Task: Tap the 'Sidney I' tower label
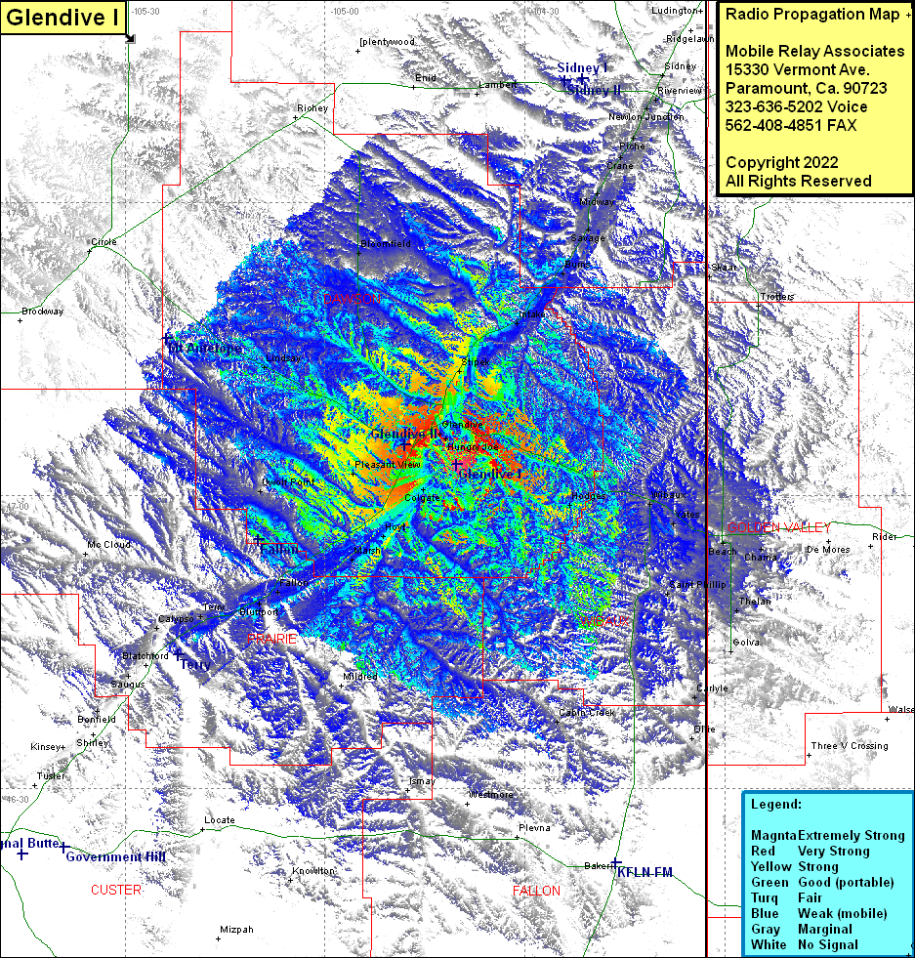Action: (583, 67)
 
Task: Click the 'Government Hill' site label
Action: (115, 856)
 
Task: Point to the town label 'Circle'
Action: (104, 241)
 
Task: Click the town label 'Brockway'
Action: (43, 312)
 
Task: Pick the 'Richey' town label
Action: (312, 108)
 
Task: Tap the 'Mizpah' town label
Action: (236, 930)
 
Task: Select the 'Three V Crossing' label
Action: (850, 746)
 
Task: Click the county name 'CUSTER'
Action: (116, 890)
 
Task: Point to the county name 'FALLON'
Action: (536, 891)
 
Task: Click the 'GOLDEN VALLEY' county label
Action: (779, 527)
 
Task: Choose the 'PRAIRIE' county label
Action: (271, 638)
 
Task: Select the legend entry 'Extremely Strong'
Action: (851, 835)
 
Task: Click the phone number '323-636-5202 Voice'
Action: (796, 106)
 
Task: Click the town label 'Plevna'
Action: (534, 827)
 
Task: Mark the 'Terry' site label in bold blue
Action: (195, 663)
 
